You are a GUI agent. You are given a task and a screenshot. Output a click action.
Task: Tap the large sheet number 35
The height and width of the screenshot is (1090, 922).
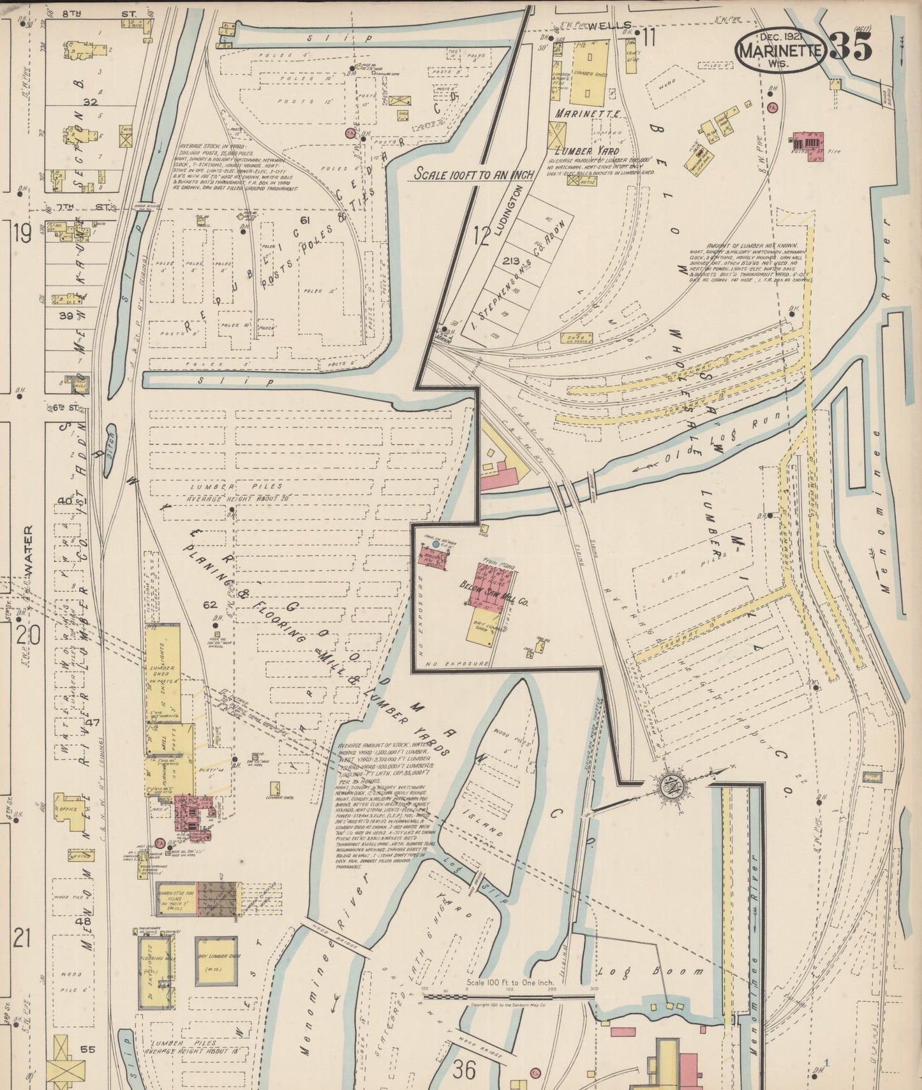pyautogui.click(x=852, y=47)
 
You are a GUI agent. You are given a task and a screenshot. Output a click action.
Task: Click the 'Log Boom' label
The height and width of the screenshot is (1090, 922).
pyautogui.click(x=651, y=971)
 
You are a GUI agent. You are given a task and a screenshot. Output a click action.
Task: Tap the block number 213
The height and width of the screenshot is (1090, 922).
pyautogui.click(x=510, y=261)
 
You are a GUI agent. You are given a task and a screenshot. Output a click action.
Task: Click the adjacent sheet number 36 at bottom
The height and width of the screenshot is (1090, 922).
pyautogui.click(x=465, y=1070)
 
